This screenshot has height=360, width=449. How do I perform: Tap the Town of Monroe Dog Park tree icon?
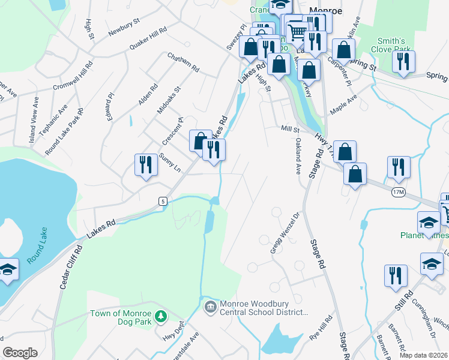coord(160,316)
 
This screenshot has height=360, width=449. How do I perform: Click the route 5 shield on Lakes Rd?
coord(163,200)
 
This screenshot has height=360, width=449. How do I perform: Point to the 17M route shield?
coord(399,191)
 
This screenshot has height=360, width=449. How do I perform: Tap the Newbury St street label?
coord(124,28)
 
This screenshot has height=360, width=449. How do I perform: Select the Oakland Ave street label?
coord(298,155)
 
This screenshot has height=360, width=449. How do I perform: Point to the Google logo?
coord(20,353)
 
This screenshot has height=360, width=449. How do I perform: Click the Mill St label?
coord(290,129)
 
